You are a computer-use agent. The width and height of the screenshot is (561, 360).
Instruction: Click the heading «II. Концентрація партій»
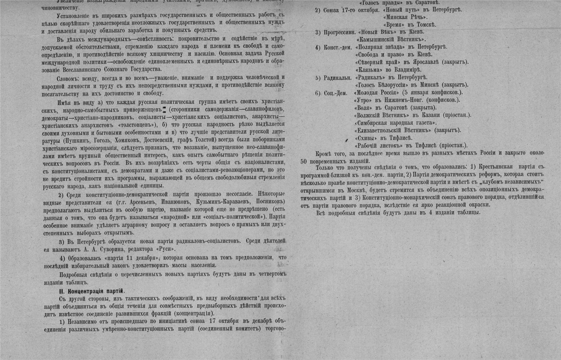(92, 291)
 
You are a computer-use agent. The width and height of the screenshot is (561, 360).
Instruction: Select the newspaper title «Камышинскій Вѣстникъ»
(390, 40)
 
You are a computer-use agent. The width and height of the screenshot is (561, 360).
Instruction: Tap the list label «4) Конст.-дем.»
(333, 47)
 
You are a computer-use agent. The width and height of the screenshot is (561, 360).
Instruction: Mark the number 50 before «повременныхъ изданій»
(304, 161)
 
